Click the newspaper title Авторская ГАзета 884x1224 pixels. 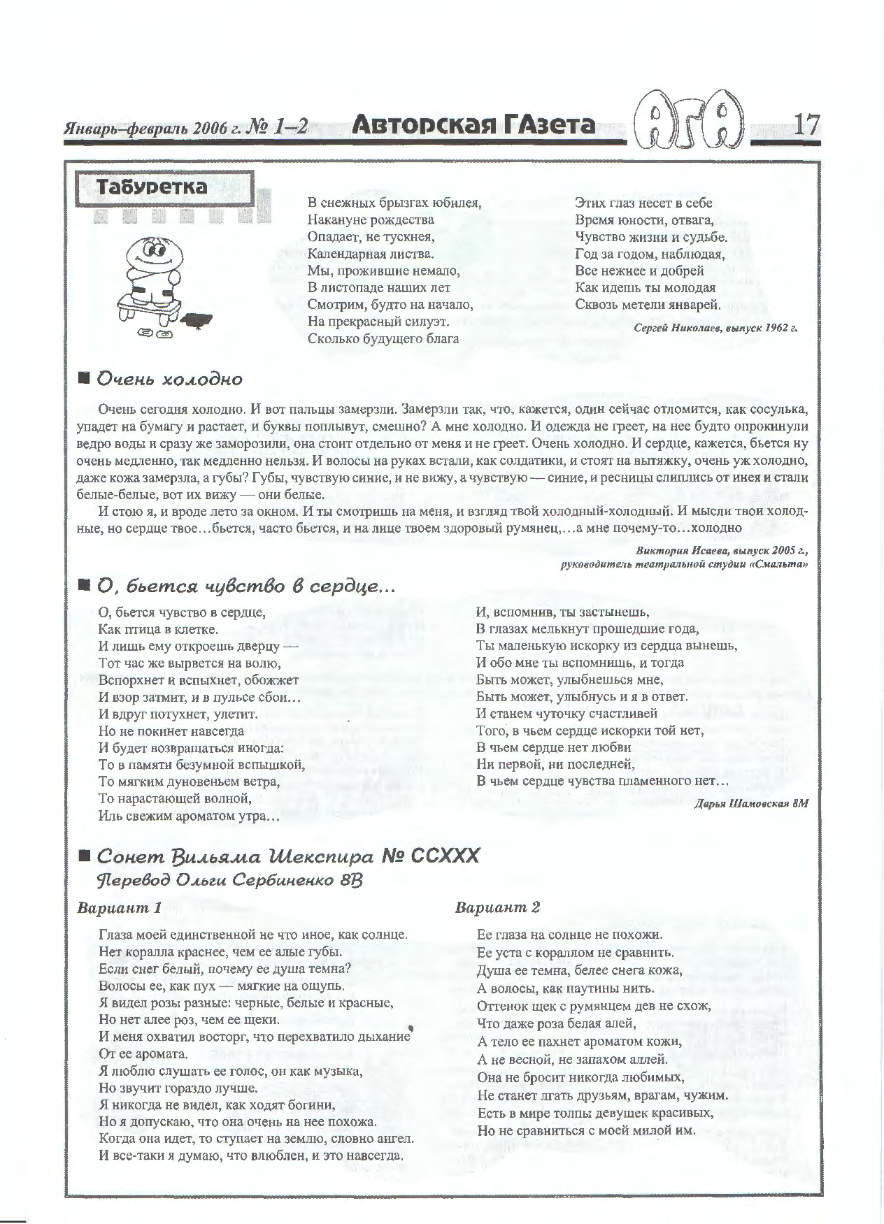point(473,125)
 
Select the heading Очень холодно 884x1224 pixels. point(169,380)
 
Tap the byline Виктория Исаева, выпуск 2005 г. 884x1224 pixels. point(721,550)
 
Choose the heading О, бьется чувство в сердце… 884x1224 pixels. point(245,586)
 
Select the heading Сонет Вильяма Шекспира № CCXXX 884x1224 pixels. point(287,856)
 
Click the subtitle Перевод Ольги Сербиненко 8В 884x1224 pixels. point(230,880)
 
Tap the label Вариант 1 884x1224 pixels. point(119,908)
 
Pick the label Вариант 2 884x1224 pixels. point(497,908)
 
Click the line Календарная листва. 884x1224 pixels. point(371,254)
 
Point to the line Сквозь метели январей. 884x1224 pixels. point(648,304)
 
